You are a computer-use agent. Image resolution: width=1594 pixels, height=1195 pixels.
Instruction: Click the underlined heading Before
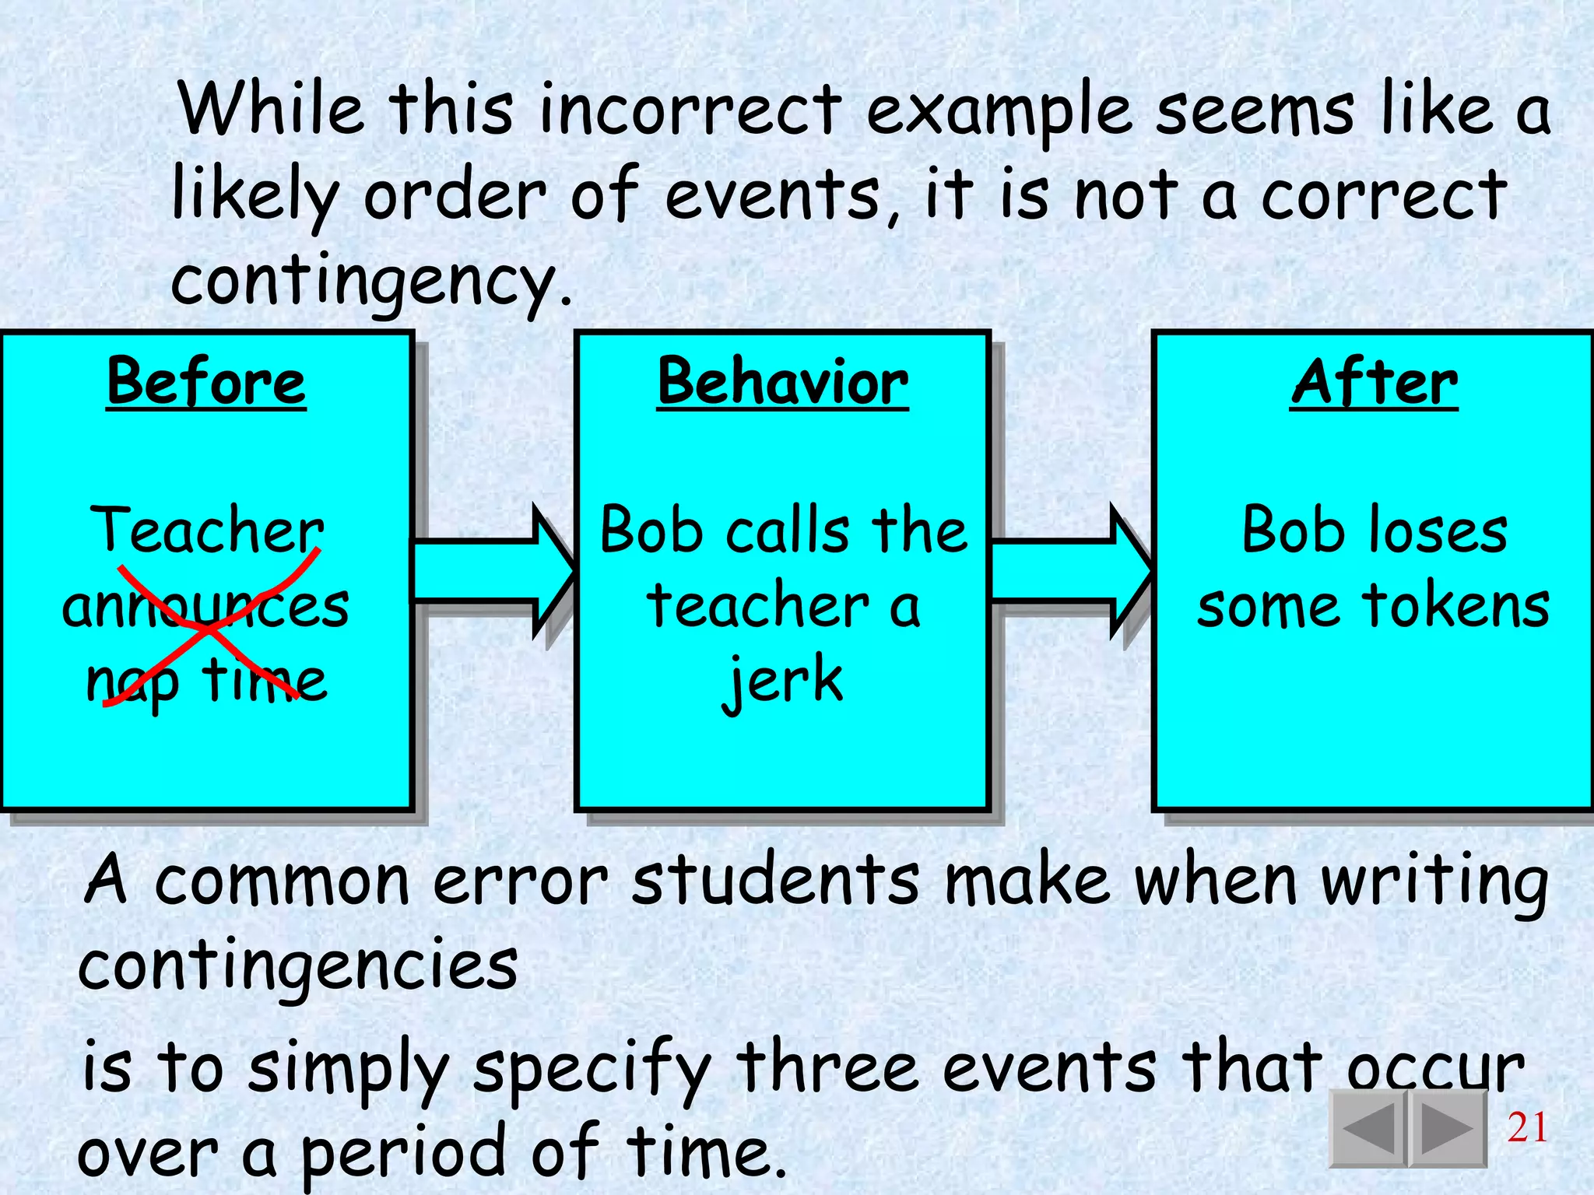click(x=206, y=382)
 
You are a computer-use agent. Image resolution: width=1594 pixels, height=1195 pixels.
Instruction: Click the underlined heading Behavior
click(x=782, y=382)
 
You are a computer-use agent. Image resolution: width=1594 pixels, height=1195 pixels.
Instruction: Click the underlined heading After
click(x=1375, y=382)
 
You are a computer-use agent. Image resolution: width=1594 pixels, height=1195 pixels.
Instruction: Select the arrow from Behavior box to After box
click(x=1070, y=572)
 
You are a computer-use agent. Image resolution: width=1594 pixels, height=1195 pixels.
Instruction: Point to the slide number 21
click(x=1527, y=1127)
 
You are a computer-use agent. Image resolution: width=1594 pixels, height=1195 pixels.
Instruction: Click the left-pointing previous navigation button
click(x=1368, y=1127)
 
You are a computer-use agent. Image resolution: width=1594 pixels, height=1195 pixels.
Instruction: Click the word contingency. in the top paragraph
click(x=371, y=282)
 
